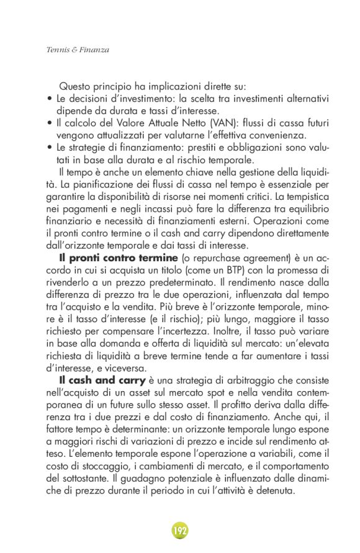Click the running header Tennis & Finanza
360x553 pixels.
[78, 50]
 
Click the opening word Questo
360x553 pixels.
[75, 87]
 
